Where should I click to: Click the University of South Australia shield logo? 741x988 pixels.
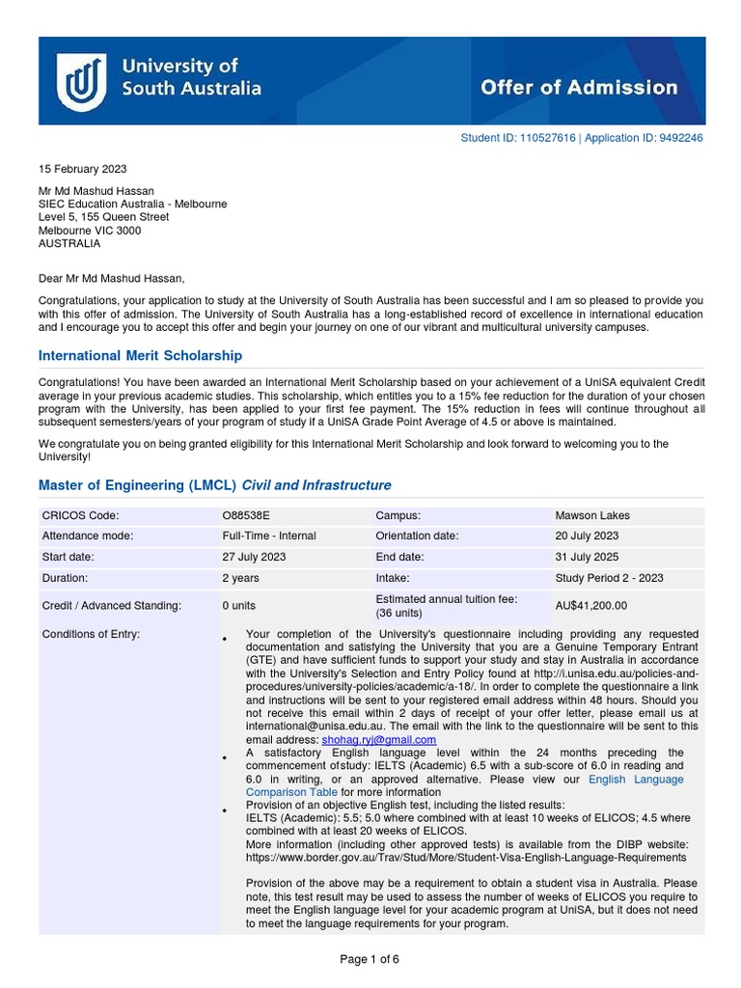pyautogui.click(x=81, y=81)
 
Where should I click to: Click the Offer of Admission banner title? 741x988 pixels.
pyautogui.click(x=579, y=88)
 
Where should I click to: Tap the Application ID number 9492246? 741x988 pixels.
pyautogui.click(x=681, y=138)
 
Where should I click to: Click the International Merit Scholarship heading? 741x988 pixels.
pyautogui.click(x=140, y=356)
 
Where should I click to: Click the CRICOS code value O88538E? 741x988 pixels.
pyautogui.click(x=246, y=515)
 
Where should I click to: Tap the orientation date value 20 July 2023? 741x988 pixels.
pyautogui.click(x=587, y=535)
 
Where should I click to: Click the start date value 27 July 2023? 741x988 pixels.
pyautogui.click(x=254, y=557)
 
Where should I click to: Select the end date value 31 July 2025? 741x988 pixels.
pyautogui.click(x=587, y=557)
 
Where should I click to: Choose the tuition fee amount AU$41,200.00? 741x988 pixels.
pyautogui.click(x=591, y=606)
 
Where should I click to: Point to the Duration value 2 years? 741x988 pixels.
pyautogui.click(x=240, y=578)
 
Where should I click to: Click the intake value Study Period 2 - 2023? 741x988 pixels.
pyautogui.click(x=609, y=578)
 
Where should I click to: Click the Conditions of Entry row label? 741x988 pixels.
pyautogui.click(x=91, y=633)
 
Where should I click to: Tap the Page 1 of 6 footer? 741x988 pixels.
pyautogui.click(x=370, y=959)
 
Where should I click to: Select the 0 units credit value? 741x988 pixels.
pyautogui.click(x=238, y=606)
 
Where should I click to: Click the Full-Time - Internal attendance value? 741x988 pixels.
pyautogui.click(x=268, y=535)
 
